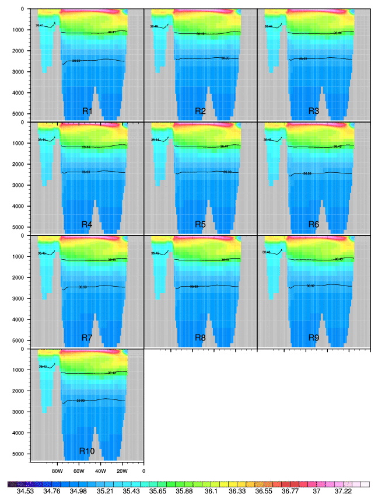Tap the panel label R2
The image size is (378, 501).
(200, 112)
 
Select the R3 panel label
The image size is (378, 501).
(313, 112)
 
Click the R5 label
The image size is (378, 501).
(200, 225)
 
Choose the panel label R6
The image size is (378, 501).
(313, 225)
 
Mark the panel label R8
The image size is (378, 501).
(200, 338)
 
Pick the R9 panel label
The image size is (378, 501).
(313, 338)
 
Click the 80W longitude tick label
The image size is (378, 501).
(57, 470)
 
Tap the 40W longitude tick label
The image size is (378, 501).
(100, 470)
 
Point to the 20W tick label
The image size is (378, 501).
(122, 470)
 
